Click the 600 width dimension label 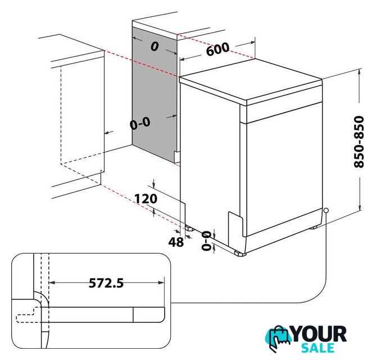[x=218, y=49]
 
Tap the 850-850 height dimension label [x=359, y=142]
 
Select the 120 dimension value [x=146, y=199]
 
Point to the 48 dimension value [x=176, y=242]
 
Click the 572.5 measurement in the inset [x=106, y=283]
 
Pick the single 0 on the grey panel [x=155, y=46]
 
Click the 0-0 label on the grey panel [x=140, y=123]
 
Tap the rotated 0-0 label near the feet [x=206, y=241]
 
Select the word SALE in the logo [x=318, y=348]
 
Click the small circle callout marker [x=326, y=210]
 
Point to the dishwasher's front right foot [x=240, y=253]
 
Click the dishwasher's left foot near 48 [x=189, y=228]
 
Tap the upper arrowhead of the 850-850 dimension [x=359, y=72]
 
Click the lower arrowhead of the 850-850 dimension [x=359, y=207]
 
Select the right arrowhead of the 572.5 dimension [x=161, y=283]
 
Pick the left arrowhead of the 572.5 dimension [x=52, y=283]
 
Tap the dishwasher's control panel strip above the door [x=284, y=113]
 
